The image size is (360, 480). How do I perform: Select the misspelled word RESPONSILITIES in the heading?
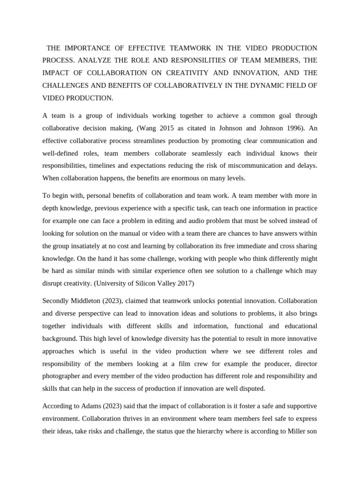pyautogui.click(x=209, y=60)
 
